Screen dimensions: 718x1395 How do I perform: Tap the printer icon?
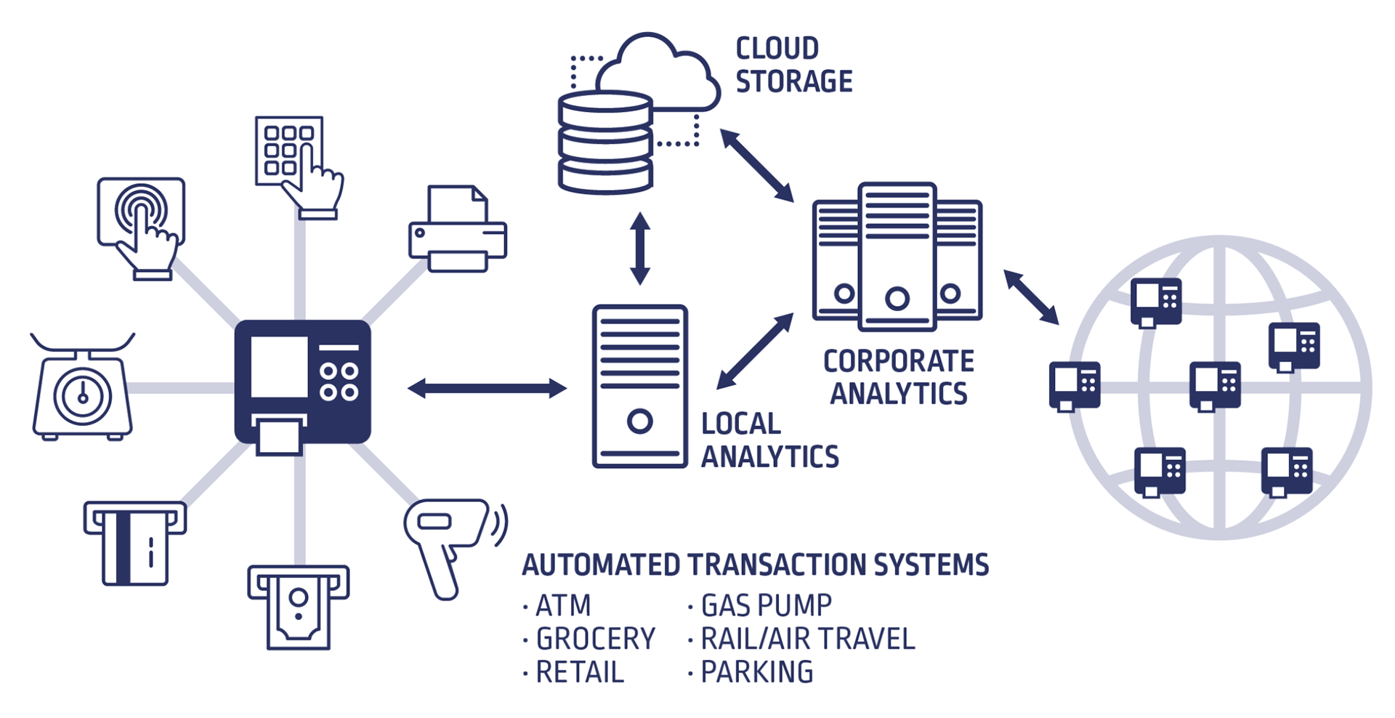457,230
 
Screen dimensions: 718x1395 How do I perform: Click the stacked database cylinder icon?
604,142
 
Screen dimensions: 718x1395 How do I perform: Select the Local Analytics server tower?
639,386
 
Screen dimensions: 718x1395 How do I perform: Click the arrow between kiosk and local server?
487,388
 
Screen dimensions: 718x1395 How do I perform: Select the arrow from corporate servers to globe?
1031,297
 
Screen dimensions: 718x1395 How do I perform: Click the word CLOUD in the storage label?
777,49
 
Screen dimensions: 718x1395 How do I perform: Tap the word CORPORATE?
898,361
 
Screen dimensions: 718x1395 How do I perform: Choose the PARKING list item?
756,672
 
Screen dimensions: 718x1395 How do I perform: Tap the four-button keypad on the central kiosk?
339,382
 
